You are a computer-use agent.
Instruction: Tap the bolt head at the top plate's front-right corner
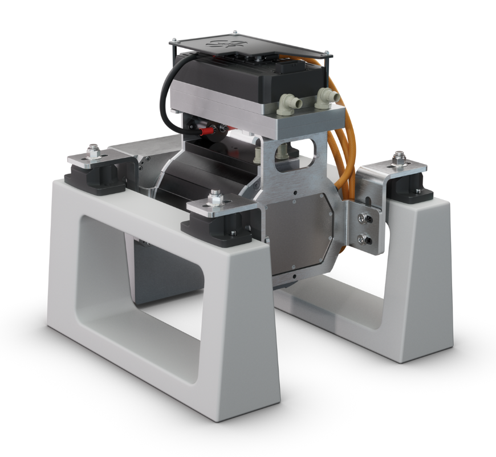(327, 55)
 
